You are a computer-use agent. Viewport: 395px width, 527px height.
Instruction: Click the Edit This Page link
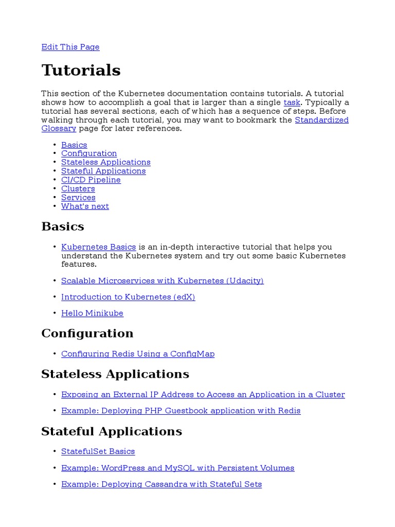[x=70, y=47]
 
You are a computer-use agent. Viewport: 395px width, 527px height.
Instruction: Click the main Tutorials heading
[x=81, y=70]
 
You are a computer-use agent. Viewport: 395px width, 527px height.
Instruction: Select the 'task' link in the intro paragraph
[x=292, y=102]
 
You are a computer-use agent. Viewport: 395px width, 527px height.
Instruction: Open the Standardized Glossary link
[x=321, y=120]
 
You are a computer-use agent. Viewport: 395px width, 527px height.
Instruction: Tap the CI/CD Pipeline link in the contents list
[x=91, y=180]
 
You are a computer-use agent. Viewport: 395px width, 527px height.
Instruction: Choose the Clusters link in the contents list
[x=78, y=188]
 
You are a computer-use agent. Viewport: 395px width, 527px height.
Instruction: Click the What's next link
[x=85, y=206]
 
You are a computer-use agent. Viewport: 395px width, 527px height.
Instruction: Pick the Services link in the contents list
[x=78, y=197]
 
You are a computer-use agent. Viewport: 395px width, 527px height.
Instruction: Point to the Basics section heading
[x=62, y=226]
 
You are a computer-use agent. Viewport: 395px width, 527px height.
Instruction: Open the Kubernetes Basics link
[x=98, y=247]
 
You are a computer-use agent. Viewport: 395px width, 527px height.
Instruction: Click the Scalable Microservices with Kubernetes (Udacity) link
[x=162, y=280]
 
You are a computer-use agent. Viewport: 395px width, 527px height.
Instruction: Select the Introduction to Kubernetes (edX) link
[x=128, y=297]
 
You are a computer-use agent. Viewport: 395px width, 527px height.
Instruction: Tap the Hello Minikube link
[x=92, y=313]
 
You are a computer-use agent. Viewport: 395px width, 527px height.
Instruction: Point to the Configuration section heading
[x=87, y=333]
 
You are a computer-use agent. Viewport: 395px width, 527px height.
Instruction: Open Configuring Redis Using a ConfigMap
[x=138, y=354]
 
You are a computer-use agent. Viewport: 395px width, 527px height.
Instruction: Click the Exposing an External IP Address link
[x=203, y=394]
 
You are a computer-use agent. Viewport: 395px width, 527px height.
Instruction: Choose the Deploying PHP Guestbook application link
[x=181, y=411]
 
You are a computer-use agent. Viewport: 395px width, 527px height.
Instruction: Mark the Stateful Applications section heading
[x=111, y=431]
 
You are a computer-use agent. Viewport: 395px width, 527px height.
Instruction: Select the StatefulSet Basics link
[x=98, y=451]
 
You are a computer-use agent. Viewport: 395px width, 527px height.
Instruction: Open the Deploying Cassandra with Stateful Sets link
[x=161, y=484]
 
